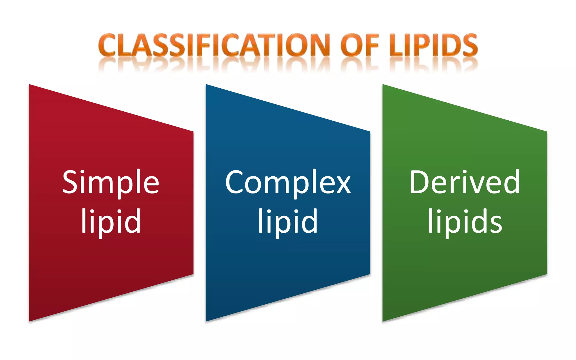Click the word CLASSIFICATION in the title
click(214, 45)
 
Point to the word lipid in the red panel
click(111, 221)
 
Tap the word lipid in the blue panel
click(288, 221)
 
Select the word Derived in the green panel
click(465, 182)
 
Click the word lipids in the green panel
click(465, 221)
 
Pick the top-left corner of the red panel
click(30, 85)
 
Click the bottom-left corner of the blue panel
click(206, 321)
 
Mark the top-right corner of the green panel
click(546, 132)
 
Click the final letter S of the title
click(469, 45)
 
